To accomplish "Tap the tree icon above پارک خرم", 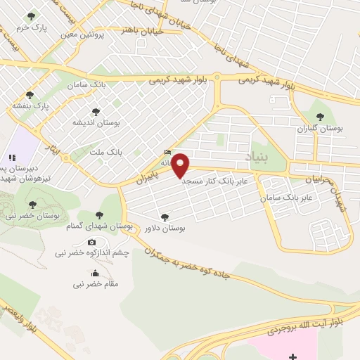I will point(30,15).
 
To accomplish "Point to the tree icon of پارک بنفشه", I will point(30,95).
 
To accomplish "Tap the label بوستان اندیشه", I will point(97,122).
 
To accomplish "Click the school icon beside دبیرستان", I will point(11,157).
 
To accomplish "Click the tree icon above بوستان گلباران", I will point(320,117).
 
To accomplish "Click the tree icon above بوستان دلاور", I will point(165,217).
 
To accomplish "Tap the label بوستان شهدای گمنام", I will point(103,226).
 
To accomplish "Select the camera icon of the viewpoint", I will point(92,242).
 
